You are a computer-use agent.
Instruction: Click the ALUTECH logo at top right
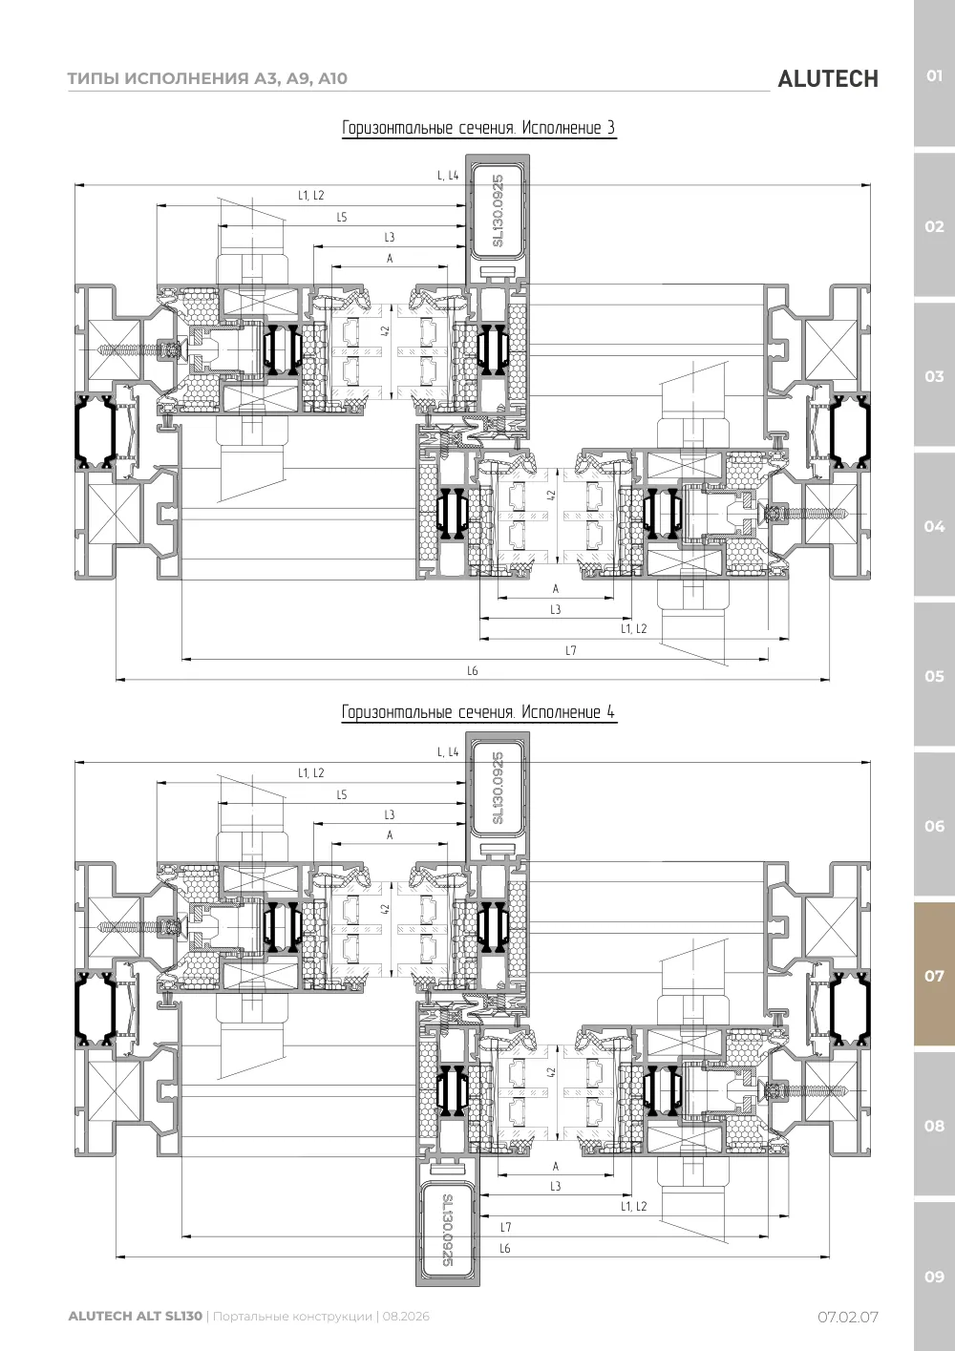(828, 79)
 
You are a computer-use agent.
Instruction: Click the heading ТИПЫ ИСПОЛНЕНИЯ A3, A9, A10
(207, 78)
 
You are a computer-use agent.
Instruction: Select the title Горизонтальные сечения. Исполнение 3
(479, 128)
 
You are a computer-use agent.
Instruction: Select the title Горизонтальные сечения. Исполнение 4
(479, 711)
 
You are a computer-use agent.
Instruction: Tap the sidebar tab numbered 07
(934, 976)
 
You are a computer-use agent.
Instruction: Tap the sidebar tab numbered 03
(934, 376)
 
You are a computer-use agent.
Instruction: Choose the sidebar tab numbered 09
(934, 1277)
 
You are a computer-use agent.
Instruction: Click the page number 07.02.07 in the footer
(848, 1317)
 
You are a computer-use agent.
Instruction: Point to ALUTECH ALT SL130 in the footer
(136, 1316)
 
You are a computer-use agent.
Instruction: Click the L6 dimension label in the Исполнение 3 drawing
(473, 670)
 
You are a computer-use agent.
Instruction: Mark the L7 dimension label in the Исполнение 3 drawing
(571, 650)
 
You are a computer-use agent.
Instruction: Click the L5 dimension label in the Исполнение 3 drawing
(342, 217)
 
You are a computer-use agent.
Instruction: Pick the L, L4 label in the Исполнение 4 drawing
(448, 752)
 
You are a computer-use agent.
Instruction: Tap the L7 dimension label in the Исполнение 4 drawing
(505, 1227)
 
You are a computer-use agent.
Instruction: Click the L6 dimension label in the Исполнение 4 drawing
(505, 1248)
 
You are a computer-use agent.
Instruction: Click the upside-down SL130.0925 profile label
(447, 1230)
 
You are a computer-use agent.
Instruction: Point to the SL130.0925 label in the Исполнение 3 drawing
(498, 210)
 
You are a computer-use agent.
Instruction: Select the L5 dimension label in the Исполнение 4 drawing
(342, 795)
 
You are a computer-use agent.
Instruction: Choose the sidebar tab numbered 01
(934, 76)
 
